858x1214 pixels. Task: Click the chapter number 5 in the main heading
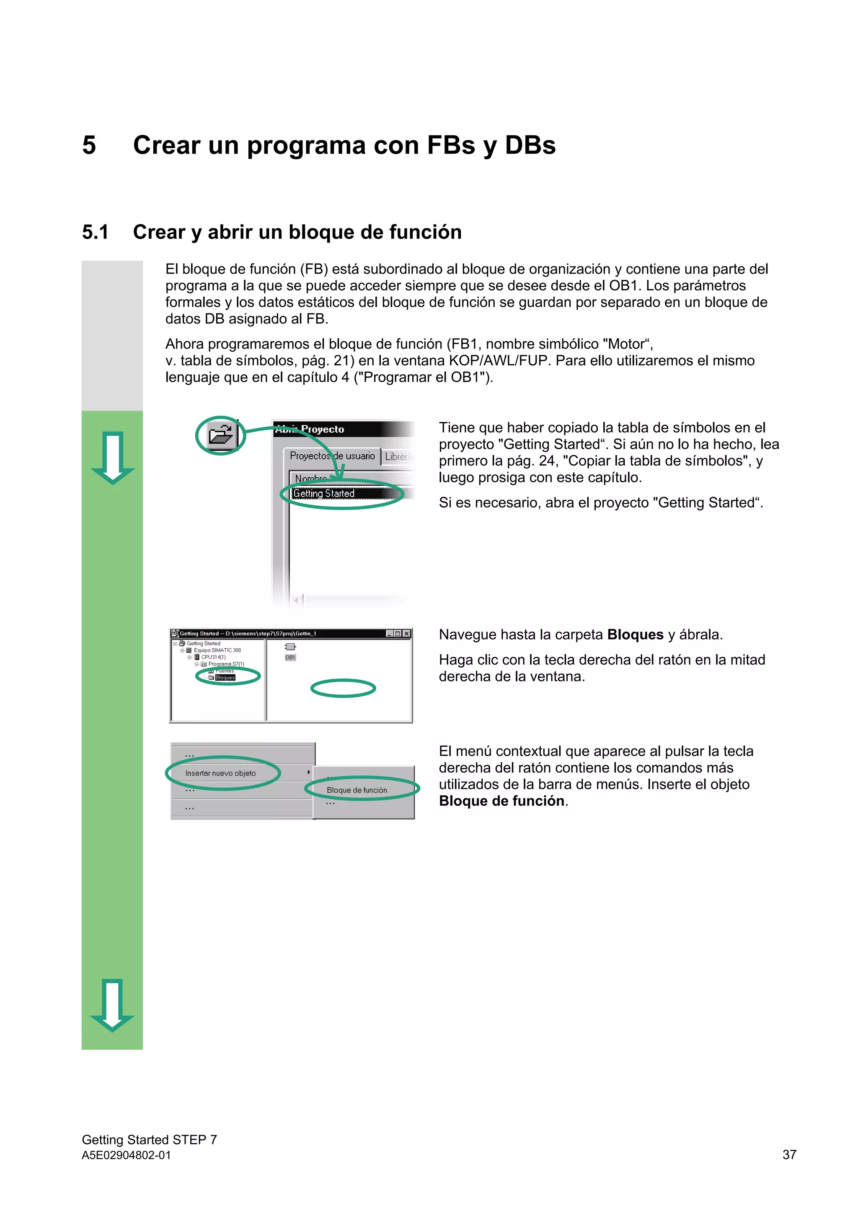point(89,145)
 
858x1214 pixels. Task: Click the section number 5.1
point(95,232)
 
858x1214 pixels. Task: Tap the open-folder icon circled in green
point(221,435)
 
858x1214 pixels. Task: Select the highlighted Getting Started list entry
point(324,493)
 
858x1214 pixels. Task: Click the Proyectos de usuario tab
point(332,456)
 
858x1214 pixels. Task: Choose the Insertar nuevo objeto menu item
point(220,773)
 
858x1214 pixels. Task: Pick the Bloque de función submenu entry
point(357,790)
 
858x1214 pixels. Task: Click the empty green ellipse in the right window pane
point(343,689)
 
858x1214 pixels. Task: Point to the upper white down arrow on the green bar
point(113,457)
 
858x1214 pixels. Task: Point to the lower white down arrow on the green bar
point(113,1004)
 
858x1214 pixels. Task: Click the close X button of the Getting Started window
point(406,634)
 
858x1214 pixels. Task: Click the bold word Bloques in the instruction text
point(635,634)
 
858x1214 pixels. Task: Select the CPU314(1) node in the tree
point(213,657)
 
